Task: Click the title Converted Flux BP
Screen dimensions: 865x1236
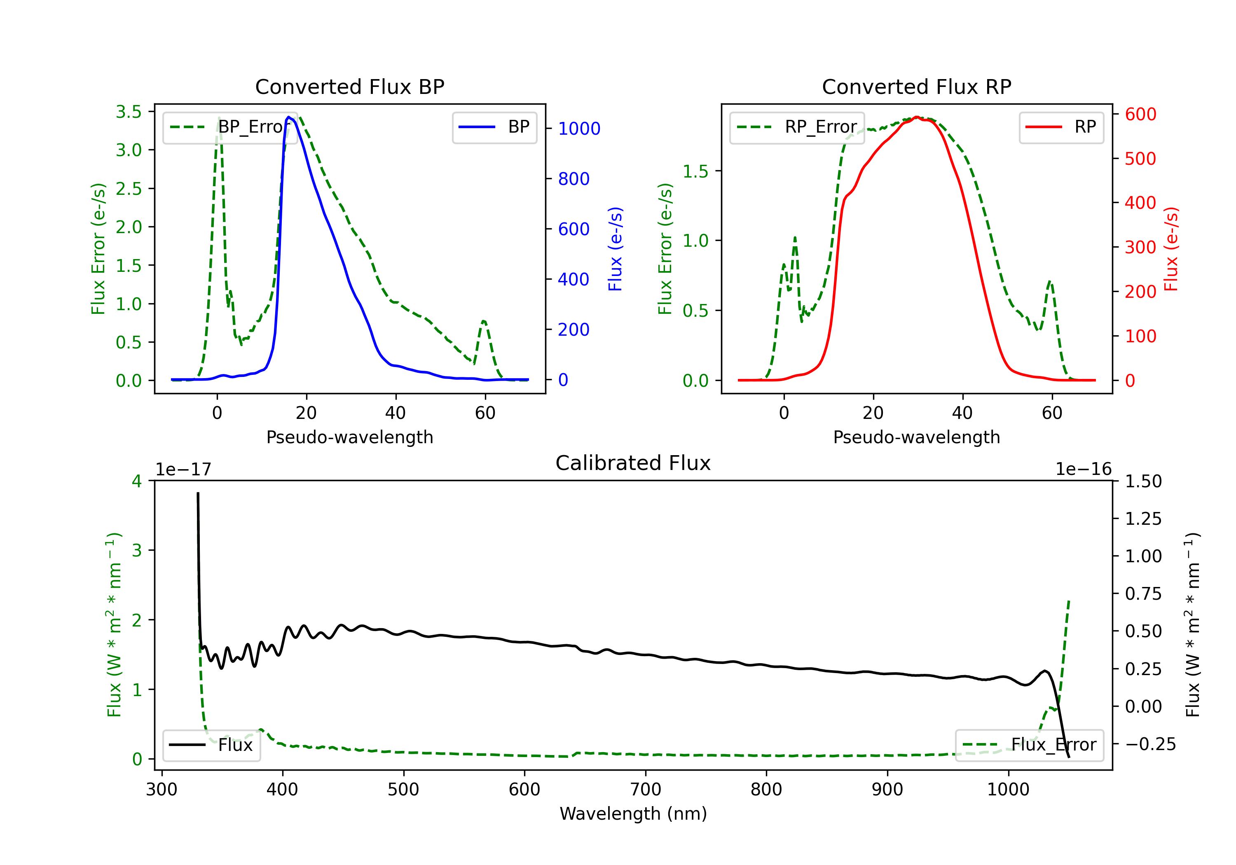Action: point(349,86)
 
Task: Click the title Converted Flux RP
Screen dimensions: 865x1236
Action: point(916,86)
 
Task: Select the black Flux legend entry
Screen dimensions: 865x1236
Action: point(212,745)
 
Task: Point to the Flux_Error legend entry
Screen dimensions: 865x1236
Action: point(1029,745)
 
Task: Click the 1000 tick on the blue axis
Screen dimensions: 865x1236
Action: point(579,129)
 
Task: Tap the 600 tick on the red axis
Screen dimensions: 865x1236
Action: point(1140,114)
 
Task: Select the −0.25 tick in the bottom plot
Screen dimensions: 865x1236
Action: point(1150,744)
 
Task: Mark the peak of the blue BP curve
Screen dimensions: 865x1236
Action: point(289,117)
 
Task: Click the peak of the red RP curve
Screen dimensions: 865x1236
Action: point(916,117)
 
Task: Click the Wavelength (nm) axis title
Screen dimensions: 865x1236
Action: point(633,814)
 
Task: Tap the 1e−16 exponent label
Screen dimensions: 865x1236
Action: point(1083,470)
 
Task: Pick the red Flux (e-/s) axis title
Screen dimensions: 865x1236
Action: point(1171,249)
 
